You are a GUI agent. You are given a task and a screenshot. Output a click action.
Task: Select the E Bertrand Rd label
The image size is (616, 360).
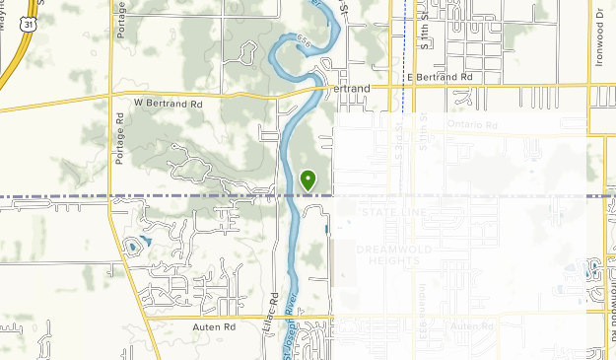click(440, 76)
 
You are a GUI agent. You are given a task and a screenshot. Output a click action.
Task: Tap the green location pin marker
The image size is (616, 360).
click(308, 180)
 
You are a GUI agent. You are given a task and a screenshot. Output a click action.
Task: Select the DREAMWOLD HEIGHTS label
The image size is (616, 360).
click(394, 254)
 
